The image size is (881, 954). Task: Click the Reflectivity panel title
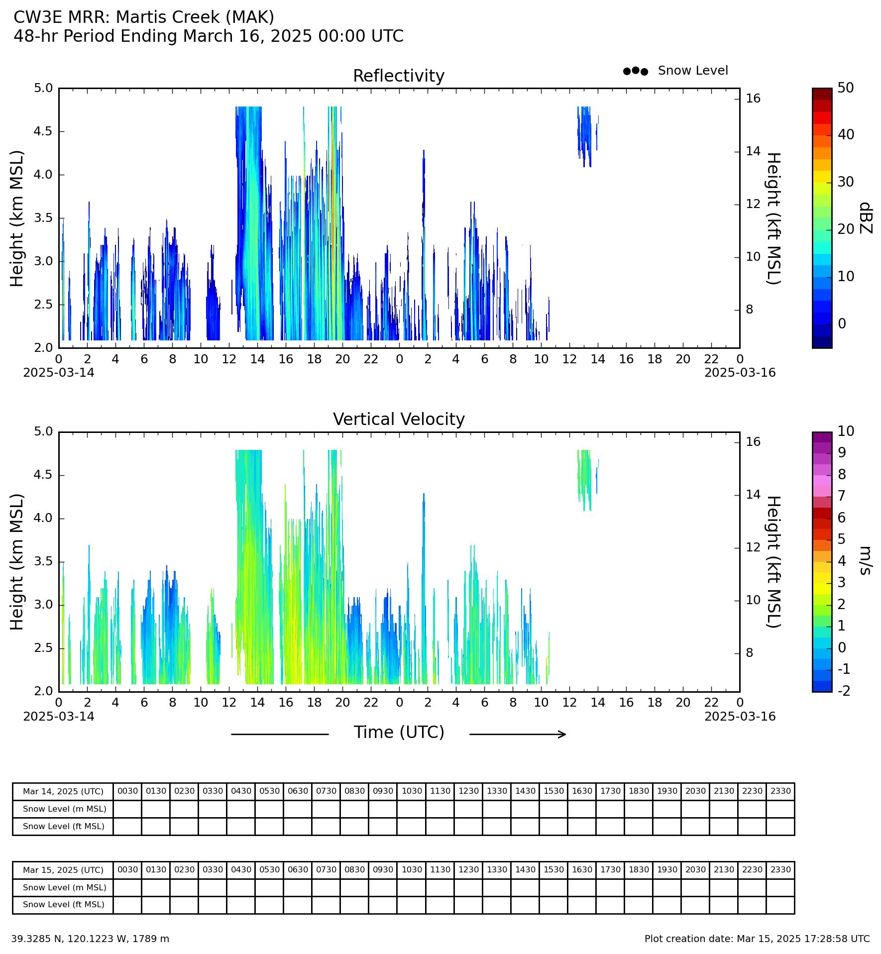coord(399,76)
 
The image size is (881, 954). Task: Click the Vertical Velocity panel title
coord(399,420)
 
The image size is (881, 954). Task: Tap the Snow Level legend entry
coord(675,71)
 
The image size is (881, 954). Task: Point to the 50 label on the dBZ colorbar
coord(846,88)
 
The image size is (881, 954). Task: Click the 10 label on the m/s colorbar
coord(846,431)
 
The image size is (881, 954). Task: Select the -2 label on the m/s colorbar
coord(844,691)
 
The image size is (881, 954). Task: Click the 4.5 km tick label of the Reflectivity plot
coord(43,131)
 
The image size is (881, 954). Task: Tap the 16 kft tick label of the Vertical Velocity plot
coord(753,442)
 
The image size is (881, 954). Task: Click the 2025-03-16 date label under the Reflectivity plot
coord(740,373)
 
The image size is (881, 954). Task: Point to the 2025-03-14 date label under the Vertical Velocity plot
coord(59,716)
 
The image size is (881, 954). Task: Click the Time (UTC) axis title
coord(399,733)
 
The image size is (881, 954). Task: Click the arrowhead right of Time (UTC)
coord(562,734)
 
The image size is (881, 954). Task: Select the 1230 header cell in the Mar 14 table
coord(468,791)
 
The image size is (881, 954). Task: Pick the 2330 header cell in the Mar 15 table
coord(780,869)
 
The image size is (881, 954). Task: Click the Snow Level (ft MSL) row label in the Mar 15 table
coord(63,904)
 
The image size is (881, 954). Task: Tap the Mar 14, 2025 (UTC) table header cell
coord(63,791)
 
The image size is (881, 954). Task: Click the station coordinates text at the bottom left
coord(90,939)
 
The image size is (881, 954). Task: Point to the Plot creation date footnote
coord(757,939)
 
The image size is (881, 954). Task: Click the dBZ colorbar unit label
coord(866,218)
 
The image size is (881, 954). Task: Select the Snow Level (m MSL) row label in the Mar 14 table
coord(64,809)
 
